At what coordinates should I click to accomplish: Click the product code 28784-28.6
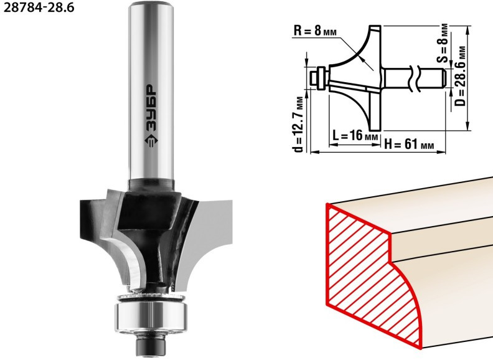coord(39,7)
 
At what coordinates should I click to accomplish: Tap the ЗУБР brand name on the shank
coord(151,108)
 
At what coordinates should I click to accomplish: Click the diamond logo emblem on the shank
coord(151,140)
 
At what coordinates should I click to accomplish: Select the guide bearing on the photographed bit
coord(151,316)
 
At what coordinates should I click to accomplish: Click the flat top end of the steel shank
coord(151,4)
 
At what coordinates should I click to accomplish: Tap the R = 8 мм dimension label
coord(315,31)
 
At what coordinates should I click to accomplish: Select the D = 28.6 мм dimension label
coord(461,76)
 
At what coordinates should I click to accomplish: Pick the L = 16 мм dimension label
coord(355,136)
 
